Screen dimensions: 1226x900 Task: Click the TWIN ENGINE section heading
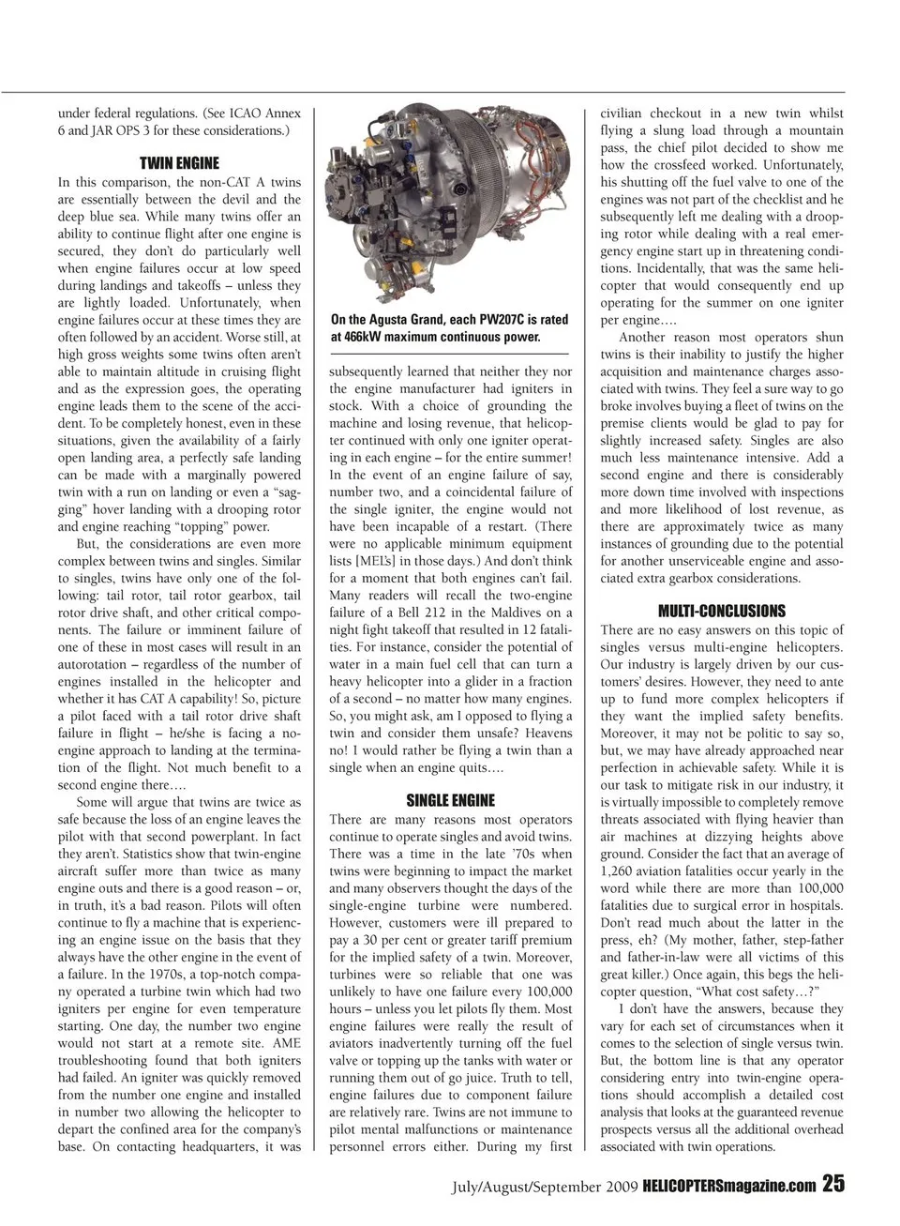click(179, 163)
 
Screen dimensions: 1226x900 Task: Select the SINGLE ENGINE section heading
click(450, 800)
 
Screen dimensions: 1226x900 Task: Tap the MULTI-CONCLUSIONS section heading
click(722, 611)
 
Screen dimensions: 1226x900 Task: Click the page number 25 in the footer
click(833, 1185)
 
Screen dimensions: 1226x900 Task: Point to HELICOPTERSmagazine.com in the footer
click(729, 1187)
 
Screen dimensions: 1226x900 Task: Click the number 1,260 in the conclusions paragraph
click(621, 870)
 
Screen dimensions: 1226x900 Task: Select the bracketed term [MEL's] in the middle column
click(372, 561)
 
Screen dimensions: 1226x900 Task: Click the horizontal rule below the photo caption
click(449, 353)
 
